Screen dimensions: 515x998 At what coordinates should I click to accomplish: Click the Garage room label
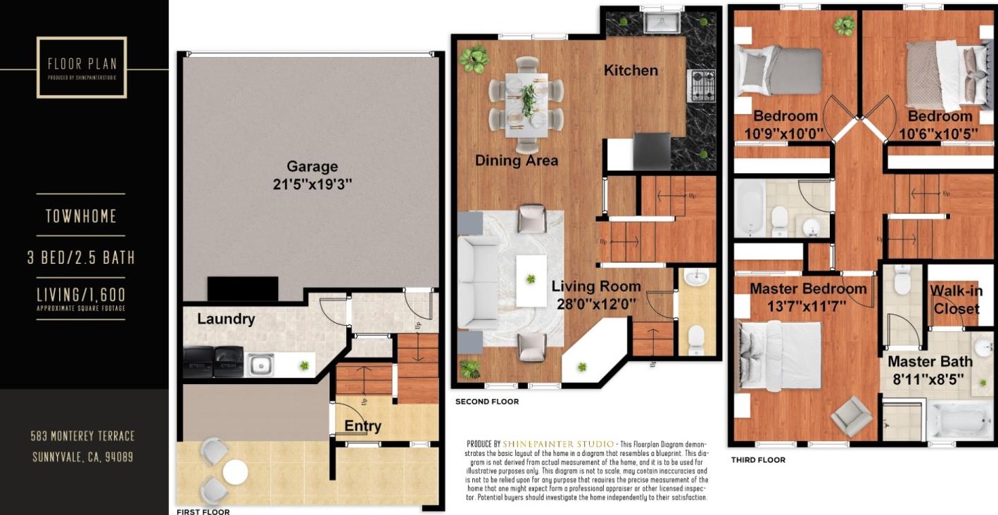point(312,167)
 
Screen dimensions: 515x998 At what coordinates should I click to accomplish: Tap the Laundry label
point(225,319)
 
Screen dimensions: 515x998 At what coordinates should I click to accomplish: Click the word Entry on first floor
point(362,426)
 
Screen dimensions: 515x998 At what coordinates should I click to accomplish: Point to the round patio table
point(234,470)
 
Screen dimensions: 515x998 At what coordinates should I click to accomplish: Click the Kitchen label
point(631,70)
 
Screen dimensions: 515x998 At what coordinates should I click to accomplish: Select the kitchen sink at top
point(661,23)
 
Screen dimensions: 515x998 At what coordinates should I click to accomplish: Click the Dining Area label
point(517,160)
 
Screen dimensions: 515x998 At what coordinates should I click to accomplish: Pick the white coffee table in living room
point(531,280)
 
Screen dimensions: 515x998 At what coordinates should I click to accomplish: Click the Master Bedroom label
point(808,288)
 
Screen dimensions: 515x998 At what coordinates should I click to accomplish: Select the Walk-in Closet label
point(955,300)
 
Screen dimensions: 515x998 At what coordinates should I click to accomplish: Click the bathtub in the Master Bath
point(954,420)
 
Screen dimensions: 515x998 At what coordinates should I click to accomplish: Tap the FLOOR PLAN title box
point(82,67)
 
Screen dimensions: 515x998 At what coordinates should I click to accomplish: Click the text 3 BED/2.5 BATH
point(81,257)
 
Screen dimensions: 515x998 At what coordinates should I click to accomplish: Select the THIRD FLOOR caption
point(757,460)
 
